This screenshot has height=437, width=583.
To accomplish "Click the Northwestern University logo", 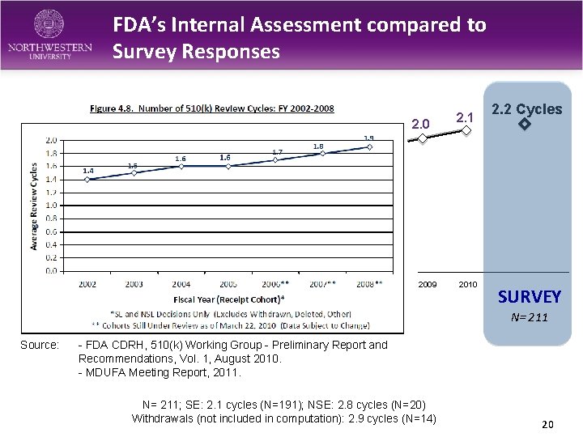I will pyautogui.click(x=50, y=35).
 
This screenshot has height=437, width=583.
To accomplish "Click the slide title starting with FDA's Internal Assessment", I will pyautogui.click(x=300, y=38).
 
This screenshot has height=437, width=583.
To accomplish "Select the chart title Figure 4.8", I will pyautogui.click(x=211, y=108).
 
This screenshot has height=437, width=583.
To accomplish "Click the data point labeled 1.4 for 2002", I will pyautogui.click(x=87, y=180).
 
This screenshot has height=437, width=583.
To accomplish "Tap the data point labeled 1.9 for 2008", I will pyautogui.click(x=370, y=147).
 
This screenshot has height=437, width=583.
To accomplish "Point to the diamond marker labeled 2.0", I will pyautogui.click(x=422, y=138).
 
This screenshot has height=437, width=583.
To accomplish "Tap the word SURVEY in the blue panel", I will pyautogui.click(x=530, y=298).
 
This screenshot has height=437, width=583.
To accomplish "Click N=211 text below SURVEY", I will pyautogui.click(x=530, y=317).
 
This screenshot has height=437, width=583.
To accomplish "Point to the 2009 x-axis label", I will pyautogui.click(x=427, y=285).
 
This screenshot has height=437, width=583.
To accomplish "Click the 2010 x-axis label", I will pyautogui.click(x=467, y=285).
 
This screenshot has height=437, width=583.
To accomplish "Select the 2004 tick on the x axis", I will pyautogui.click(x=181, y=284).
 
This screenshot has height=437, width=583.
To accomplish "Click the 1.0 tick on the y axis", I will pyautogui.click(x=51, y=206).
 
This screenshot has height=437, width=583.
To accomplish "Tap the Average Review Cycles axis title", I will pyautogui.click(x=34, y=206).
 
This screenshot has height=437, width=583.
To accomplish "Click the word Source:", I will pyautogui.click(x=40, y=346).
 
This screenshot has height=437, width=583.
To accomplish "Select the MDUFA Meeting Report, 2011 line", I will pyautogui.click(x=160, y=372).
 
